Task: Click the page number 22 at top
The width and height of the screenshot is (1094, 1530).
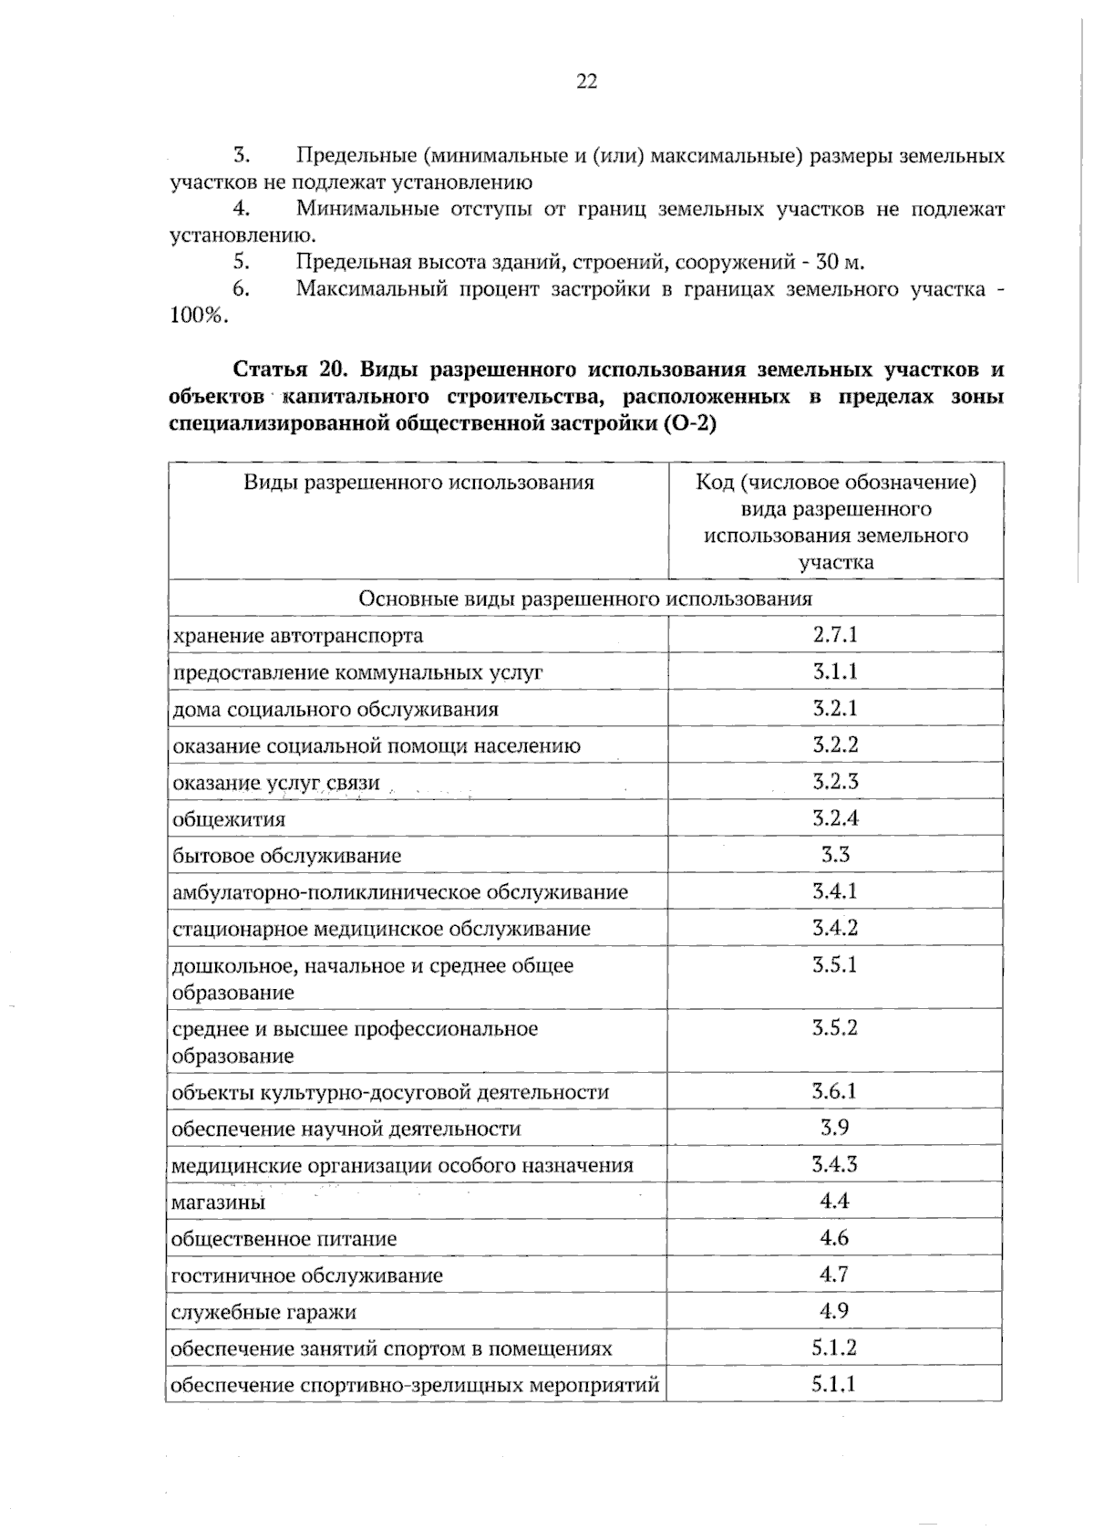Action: (586, 82)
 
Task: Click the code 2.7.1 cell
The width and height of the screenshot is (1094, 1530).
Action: (835, 635)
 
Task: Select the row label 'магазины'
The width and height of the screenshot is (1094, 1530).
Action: (219, 1202)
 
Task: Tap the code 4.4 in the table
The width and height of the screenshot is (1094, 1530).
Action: (835, 1201)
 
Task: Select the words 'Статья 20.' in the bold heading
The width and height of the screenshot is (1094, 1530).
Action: (287, 369)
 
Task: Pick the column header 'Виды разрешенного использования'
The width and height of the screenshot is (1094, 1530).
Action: (418, 482)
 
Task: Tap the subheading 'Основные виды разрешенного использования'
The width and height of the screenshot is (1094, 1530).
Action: (585, 598)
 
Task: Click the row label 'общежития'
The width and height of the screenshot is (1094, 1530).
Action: (229, 819)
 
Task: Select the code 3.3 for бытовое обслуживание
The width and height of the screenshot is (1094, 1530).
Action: (835, 855)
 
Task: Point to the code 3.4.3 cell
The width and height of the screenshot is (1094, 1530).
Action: (835, 1164)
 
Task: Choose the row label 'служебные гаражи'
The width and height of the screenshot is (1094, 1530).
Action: (263, 1312)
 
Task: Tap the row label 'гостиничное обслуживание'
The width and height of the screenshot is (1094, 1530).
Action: (307, 1275)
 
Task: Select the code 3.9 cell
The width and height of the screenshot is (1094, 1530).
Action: (835, 1128)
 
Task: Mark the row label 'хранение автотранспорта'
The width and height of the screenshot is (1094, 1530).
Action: (297, 635)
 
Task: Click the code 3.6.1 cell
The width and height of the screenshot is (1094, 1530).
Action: (835, 1091)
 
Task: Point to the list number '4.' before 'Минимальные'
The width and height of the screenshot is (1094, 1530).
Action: (242, 209)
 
